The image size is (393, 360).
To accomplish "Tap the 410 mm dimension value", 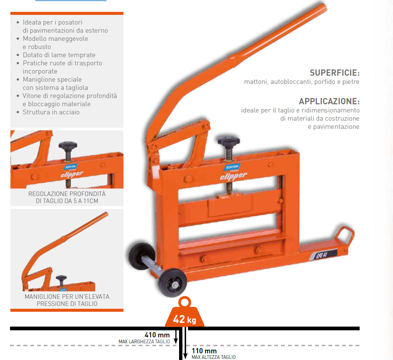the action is (x=157, y=335).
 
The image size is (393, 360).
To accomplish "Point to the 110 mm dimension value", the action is (x=204, y=351).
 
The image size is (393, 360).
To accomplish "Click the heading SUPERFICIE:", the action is (x=334, y=73).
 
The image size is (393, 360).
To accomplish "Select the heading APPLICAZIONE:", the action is (x=329, y=101).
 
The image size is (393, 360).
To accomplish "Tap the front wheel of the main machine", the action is (x=172, y=283).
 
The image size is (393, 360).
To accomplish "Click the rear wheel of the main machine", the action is (x=142, y=256).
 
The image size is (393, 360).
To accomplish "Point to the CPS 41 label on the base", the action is (x=323, y=255).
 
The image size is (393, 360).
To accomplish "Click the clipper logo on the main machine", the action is (x=233, y=176).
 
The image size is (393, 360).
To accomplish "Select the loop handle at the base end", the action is (x=346, y=235).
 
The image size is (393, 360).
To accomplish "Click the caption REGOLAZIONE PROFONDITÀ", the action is (x=67, y=194).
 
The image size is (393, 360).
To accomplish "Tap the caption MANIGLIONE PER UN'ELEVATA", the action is (x=67, y=297).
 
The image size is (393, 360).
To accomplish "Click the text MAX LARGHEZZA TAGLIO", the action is (x=144, y=342).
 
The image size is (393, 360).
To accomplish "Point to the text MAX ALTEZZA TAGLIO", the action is (x=214, y=357).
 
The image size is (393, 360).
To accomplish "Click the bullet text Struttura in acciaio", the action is (x=51, y=112).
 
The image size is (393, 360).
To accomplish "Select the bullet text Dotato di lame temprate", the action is (x=59, y=55).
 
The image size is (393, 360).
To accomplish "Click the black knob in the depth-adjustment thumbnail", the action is (x=68, y=145).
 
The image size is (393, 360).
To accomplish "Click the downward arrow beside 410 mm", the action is (x=176, y=337).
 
